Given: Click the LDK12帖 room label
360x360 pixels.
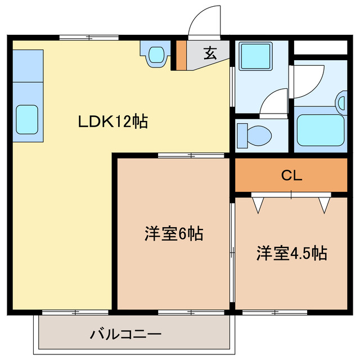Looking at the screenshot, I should pyautogui.click(x=112, y=121).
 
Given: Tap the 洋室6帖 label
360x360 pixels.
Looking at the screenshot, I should pyautogui.click(x=174, y=233).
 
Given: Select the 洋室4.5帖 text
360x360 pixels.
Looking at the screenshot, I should pyautogui.click(x=292, y=253).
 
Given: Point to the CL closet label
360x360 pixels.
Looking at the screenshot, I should pyautogui.click(x=291, y=175).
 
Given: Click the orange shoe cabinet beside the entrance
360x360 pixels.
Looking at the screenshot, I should pyautogui.click(x=181, y=55).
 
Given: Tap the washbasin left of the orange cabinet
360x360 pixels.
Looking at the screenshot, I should pyautogui.click(x=156, y=54).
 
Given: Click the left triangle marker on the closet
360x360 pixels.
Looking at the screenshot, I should pyautogui.click(x=258, y=204).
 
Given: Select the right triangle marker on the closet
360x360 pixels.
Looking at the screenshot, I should pyautogui.click(x=325, y=204).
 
